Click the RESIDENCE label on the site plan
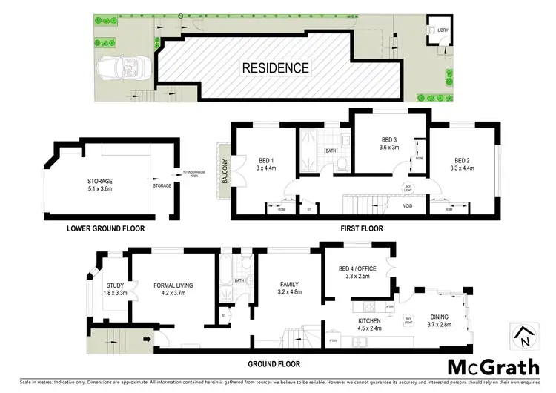(275, 67)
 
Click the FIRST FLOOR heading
(363, 228)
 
